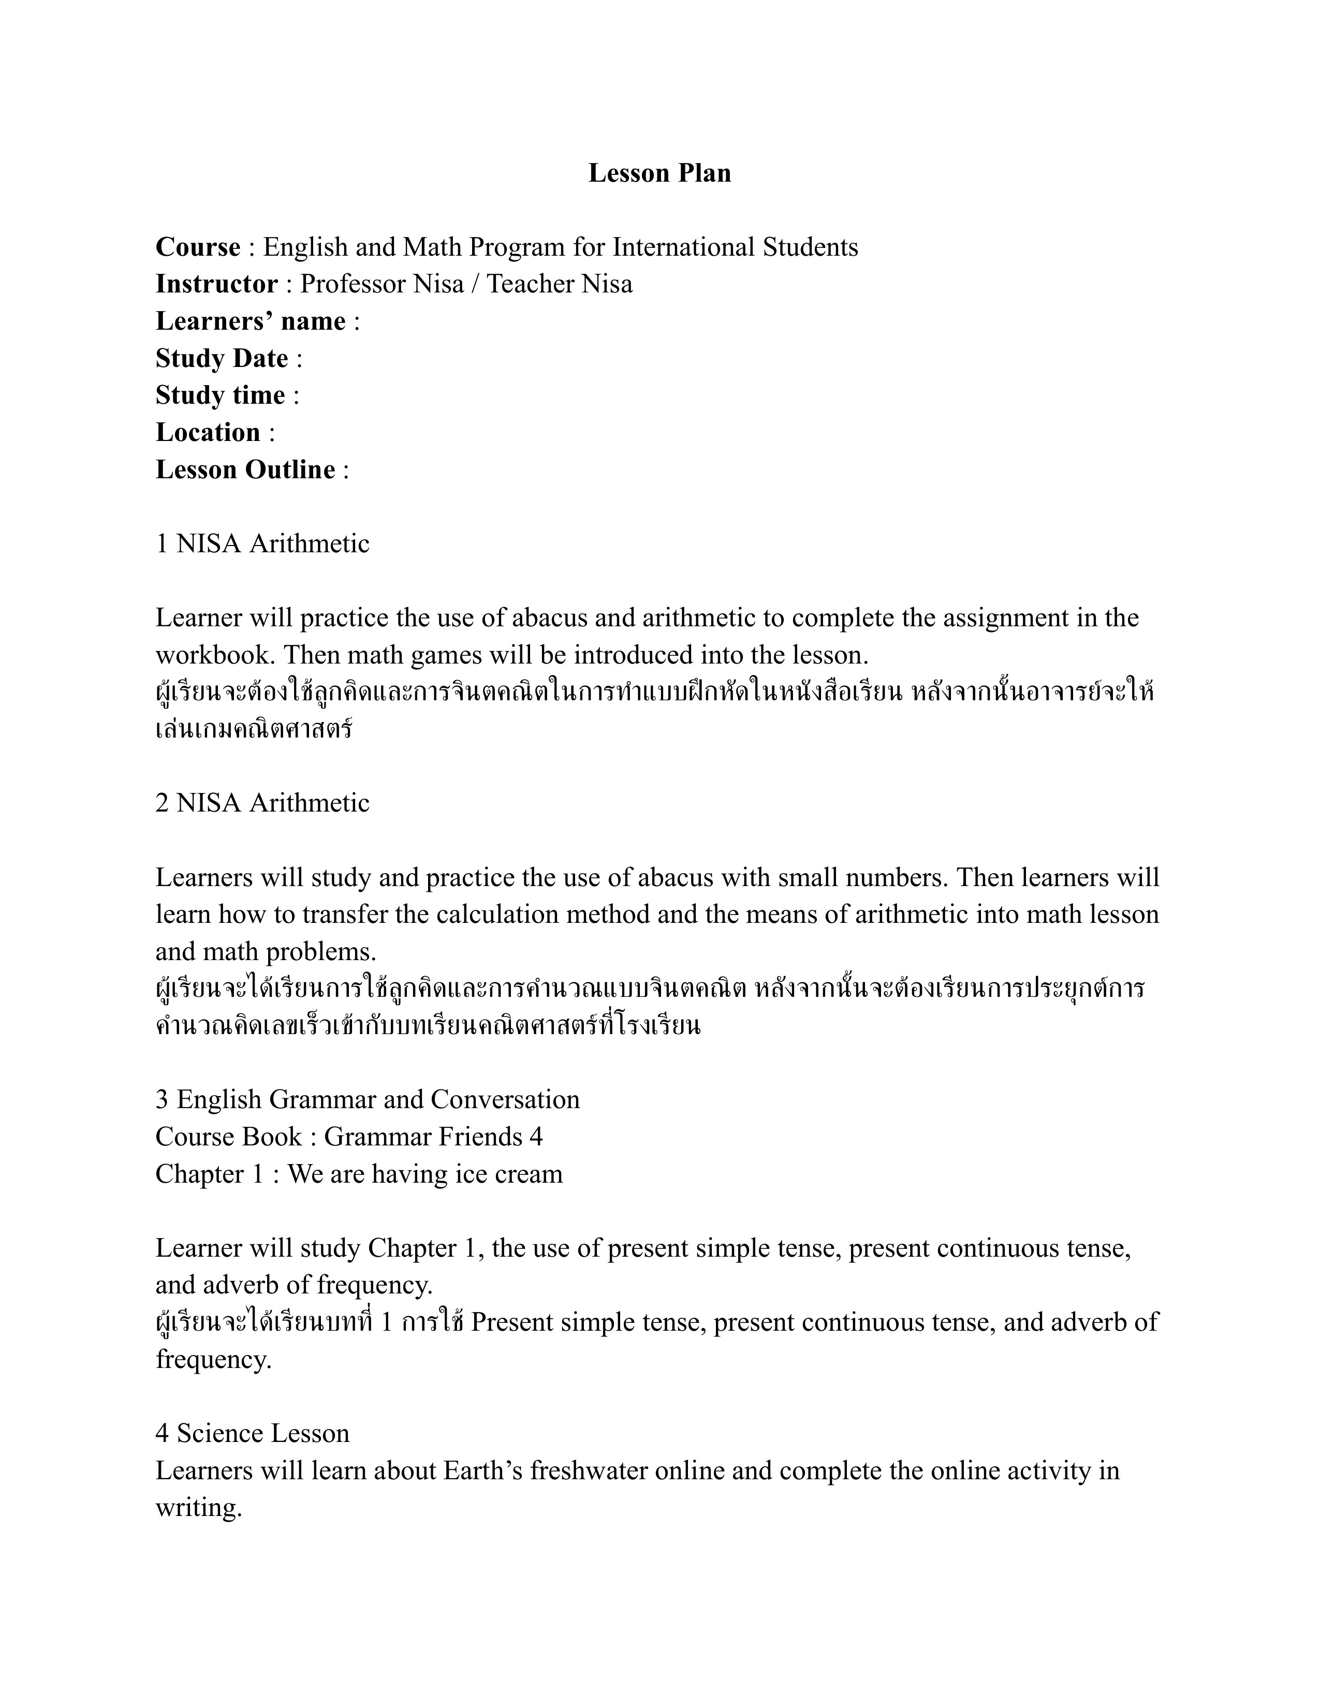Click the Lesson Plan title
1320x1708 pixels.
click(659, 173)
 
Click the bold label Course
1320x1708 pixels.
click(198, 247)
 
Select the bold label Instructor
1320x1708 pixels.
click(216, 284)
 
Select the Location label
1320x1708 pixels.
click(208, 433)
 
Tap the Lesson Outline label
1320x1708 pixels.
click(245, 469)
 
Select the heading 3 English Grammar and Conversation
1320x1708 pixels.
click(368, 1099)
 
